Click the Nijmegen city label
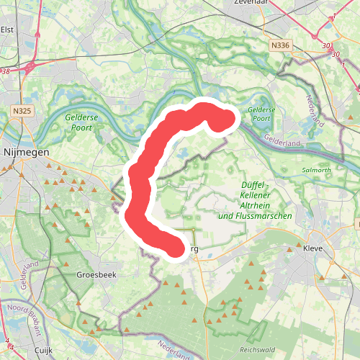coord(25,153)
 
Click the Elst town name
coord(8,30)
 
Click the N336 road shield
coord(281,45)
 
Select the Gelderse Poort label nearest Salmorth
coord(260,114)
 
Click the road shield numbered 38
coord(4,71)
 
